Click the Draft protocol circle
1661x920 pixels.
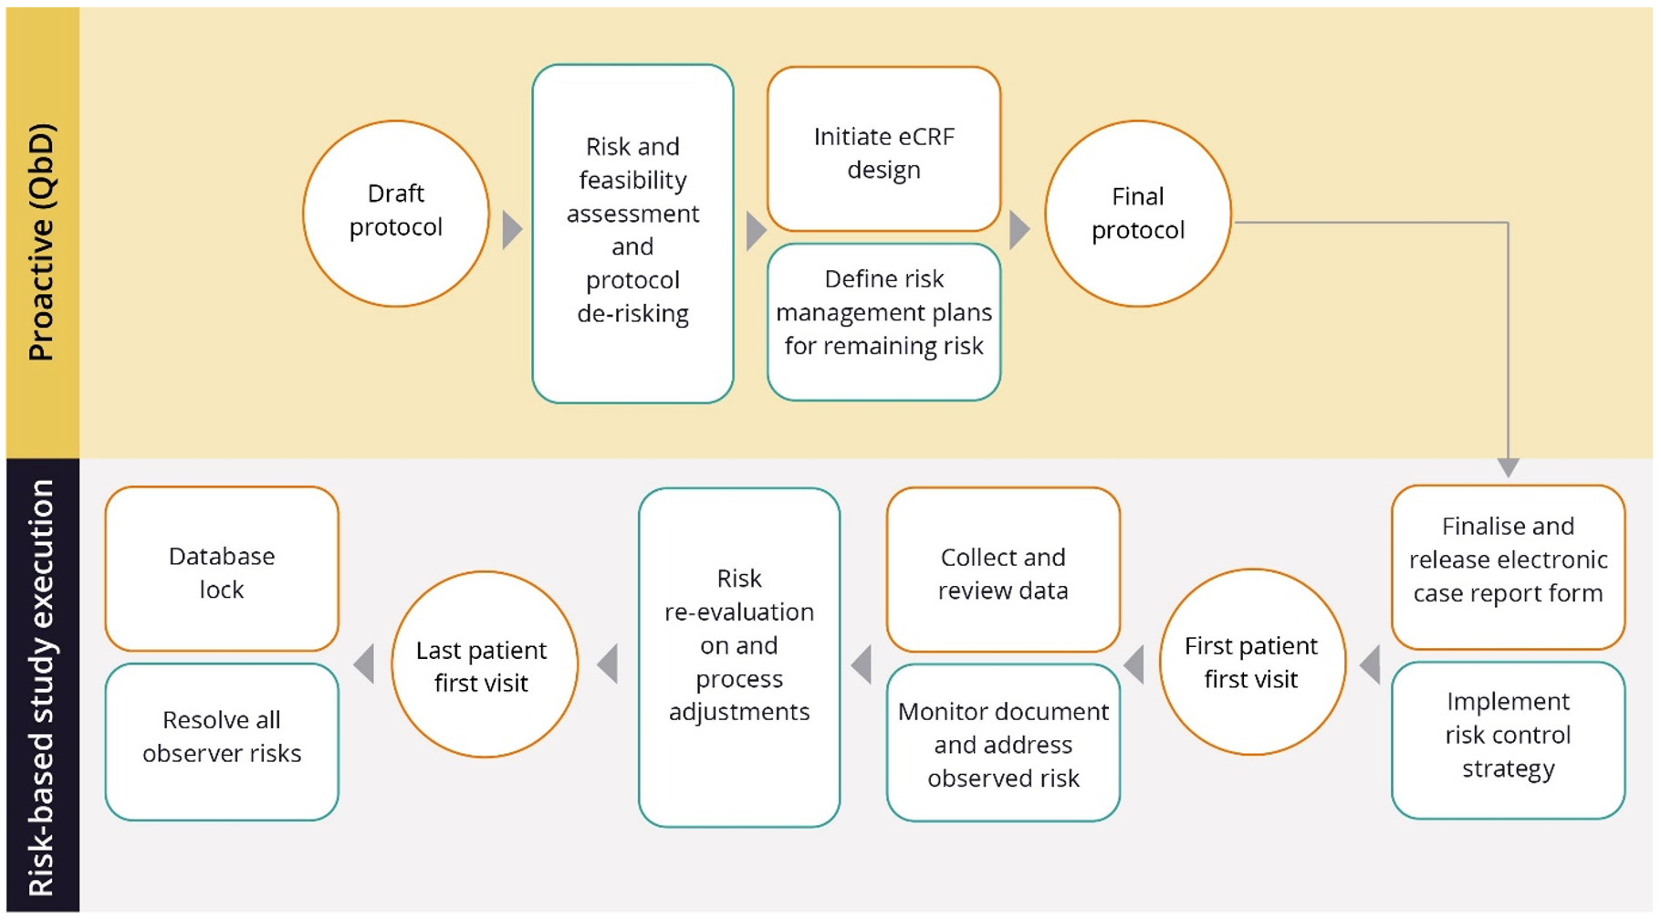pos(395,213)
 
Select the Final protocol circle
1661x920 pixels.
pos(1137,214)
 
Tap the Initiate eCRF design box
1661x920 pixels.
pos(883,150)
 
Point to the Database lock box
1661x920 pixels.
pos(222,570)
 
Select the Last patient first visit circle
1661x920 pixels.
pos(484,664)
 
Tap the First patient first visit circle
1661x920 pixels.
pos(1251,662)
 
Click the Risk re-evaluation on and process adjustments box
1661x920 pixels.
pos(738,656)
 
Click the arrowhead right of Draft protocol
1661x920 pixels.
pos(511,229)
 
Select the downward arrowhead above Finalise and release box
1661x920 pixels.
pos(1508,467)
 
